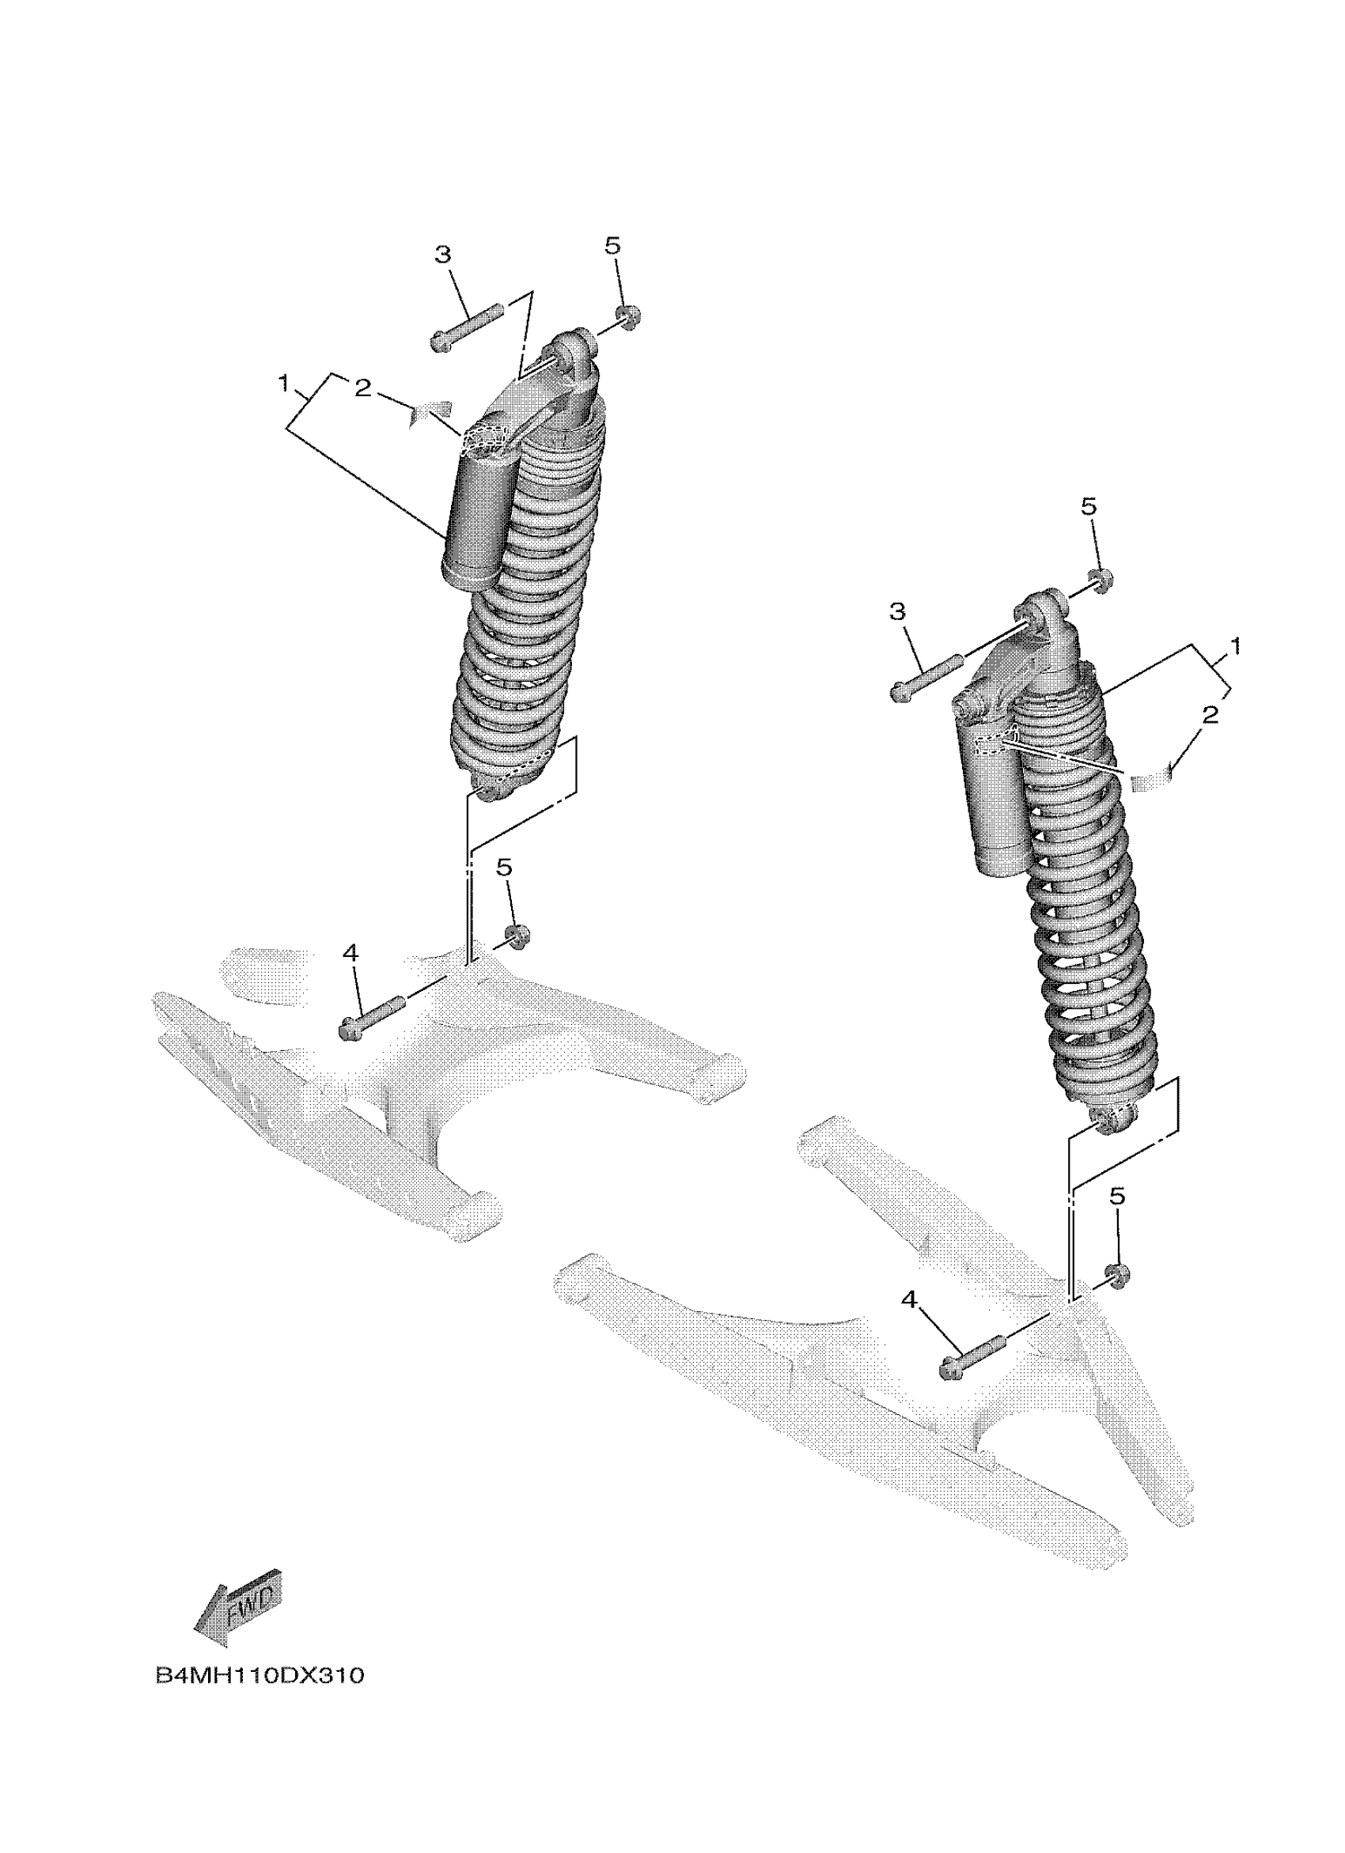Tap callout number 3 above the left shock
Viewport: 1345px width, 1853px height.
pyautogui.click(x=442, y=255)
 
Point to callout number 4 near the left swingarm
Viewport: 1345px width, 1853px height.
pyautogui.click(x=350, y=952)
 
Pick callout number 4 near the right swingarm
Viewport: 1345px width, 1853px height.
pyautogui.click(x=911, y=1299)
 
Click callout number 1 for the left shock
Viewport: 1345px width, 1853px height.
pyautogui.click(x=283, y=382)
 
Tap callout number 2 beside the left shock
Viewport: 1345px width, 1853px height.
pyautogui.click(x=362, y=389)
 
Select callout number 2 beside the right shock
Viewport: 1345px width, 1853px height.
pyautogui.click(x=1210, y=715)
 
